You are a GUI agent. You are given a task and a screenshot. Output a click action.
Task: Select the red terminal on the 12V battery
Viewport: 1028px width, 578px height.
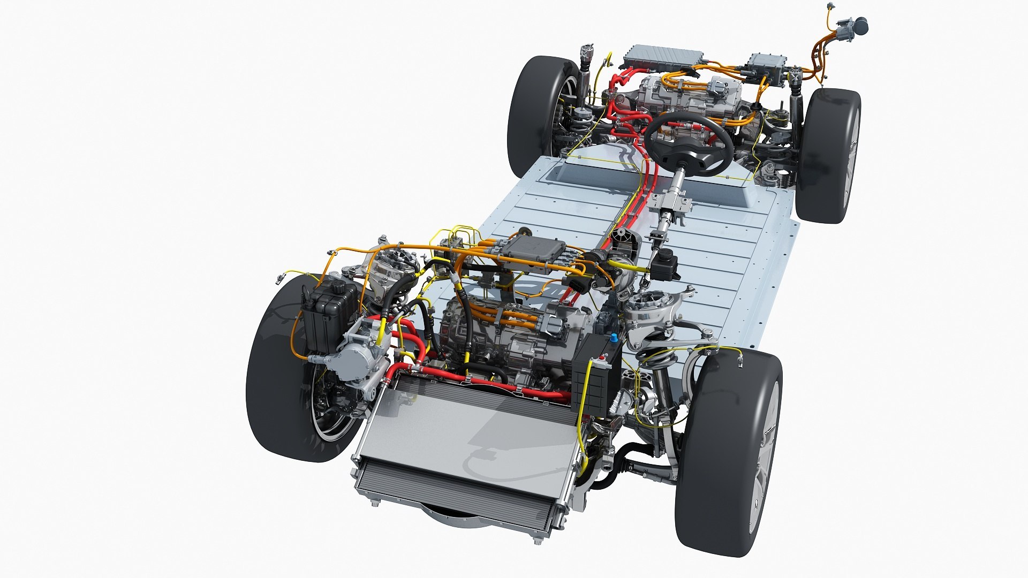click(x=606, y=358)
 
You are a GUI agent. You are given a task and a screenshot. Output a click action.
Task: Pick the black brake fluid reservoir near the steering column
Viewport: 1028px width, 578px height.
click(x=665, y=265)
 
